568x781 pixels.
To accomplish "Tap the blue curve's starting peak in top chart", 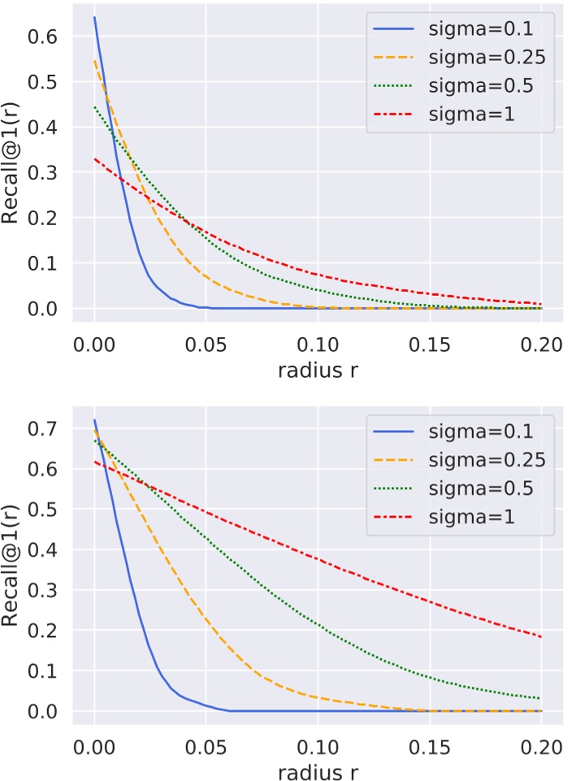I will tap(94, 17).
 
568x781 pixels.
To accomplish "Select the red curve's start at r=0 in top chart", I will tap(94, 158).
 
